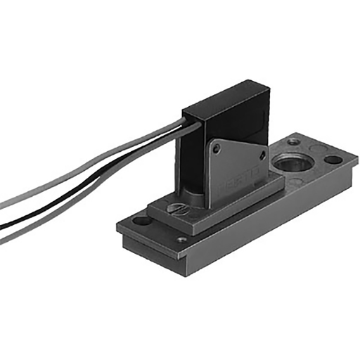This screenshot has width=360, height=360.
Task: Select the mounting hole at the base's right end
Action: [333, 160]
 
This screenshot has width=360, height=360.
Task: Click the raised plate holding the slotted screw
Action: [211, 211]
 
